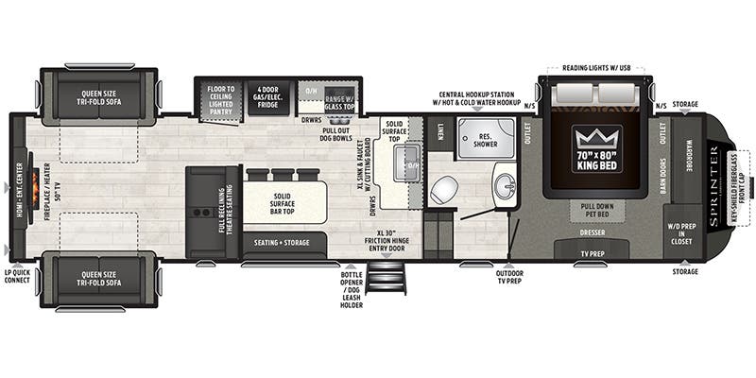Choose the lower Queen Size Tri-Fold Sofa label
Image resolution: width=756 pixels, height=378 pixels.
[x=99, y=281]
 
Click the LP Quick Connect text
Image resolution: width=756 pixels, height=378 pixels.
[x=16, y=276]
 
